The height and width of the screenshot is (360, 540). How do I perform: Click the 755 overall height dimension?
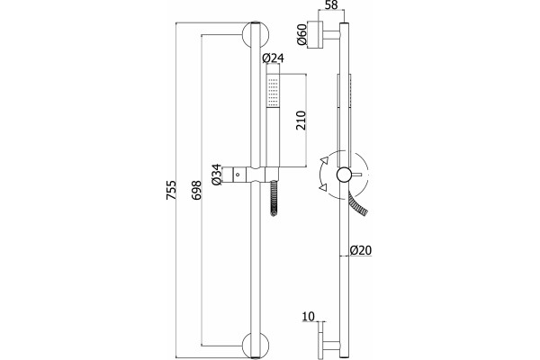[171, 190]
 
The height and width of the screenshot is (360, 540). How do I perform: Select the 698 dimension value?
[196, 190]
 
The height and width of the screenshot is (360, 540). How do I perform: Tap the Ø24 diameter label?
[273, 58]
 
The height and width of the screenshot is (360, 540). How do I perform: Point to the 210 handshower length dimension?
[301, 121]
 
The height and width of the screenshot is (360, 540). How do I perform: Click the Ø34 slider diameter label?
[216, 175]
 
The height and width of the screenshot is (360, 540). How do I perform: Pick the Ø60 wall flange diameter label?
[301, 34]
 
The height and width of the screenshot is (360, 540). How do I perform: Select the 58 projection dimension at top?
[331, 4]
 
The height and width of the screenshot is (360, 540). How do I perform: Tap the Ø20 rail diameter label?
[361, 250]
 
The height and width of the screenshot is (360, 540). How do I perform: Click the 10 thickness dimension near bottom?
[309, 316]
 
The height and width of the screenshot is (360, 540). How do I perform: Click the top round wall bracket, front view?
[256, 35]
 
